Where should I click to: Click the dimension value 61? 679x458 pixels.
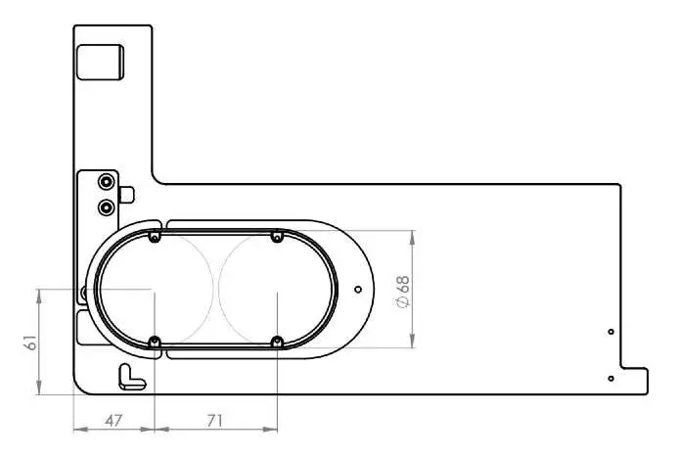click(x=29, y=342)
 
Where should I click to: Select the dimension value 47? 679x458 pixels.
click(x=113, y=420)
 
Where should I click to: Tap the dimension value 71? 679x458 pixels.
click(x=215, y=420)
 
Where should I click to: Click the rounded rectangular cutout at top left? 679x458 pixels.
click(x=101, y=63)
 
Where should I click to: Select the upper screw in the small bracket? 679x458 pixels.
click(x=105, y=182)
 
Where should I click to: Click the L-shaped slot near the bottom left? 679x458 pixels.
click(x=127, y=374)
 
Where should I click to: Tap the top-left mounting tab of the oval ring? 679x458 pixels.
click(x=154, y=237)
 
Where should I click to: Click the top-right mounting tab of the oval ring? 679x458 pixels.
click(x=277, y=237)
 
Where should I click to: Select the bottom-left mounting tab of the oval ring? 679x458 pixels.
click(x=154, y=342)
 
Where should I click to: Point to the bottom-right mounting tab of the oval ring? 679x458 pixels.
click(x=277, y=342)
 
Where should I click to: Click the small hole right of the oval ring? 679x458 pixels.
click(x=358, y=289)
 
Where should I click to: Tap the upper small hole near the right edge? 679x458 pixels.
click(x=611, y=333)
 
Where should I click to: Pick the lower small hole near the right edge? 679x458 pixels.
click(x=611, y=378)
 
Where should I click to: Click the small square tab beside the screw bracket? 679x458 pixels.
click(x=125, y=194)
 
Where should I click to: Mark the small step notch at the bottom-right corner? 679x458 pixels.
click(x=635, y=381)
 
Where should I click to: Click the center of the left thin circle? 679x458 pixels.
click(x=154, y=290)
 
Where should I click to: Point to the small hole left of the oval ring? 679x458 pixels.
click(x=85, y=291)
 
